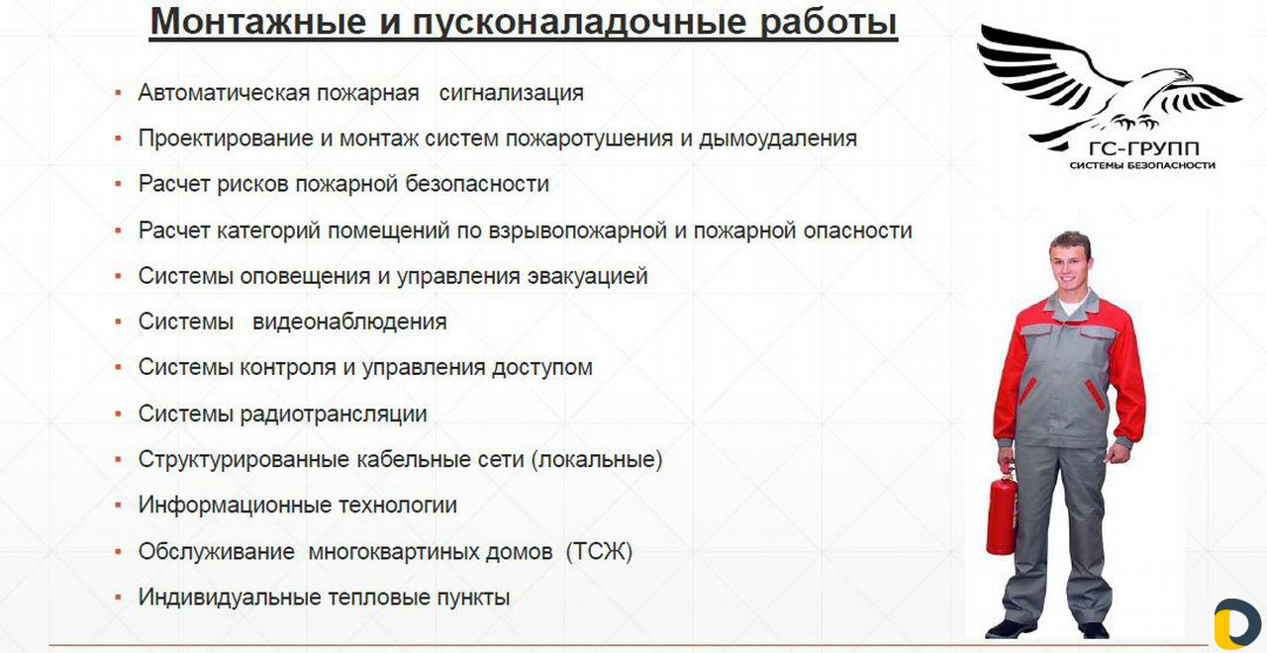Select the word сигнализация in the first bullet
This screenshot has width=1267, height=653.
[512, 93]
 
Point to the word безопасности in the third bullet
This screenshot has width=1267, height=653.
[477, 184]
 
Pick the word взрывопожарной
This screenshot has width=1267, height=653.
[577, 232]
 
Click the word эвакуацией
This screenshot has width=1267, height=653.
[587, 276]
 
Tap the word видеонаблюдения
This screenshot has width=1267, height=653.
[349, 323]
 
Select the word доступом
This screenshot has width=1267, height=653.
[541, 368]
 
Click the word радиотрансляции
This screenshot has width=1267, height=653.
[334, 414]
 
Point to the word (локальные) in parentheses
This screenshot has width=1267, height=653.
[597, 460]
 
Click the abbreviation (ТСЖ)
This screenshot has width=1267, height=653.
[599, 551]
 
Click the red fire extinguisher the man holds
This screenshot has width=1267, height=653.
[1002, 512]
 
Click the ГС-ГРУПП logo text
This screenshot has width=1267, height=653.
[1143, 149]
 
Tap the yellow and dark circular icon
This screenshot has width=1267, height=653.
[1237, 624]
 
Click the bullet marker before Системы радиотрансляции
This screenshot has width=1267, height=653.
[118, 415]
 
